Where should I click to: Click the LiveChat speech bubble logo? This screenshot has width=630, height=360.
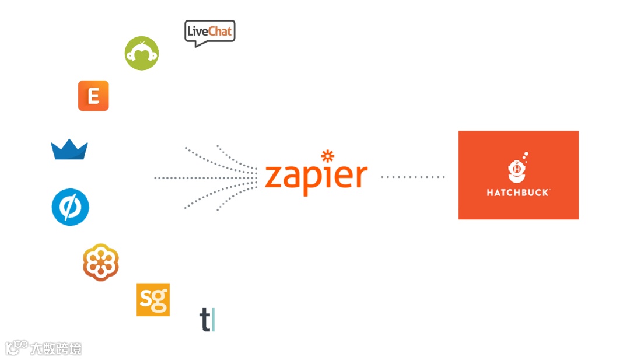click(209, 33)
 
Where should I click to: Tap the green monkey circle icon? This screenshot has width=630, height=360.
click(142, 53)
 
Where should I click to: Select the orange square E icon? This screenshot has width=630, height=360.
click(93, 96)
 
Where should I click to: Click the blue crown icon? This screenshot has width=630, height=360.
click(69, 150)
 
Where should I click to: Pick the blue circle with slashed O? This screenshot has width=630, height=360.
click(70, 207)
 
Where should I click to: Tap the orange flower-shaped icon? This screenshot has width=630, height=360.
click(101, 263)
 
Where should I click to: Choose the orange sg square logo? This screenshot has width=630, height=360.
click(153, 299)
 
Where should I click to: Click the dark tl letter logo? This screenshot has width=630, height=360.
click(207, 320)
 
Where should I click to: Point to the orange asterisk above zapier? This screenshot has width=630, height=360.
click(328, 156)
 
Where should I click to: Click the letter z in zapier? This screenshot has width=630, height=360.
click(274, 177)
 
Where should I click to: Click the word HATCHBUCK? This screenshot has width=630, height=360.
click(518, 192)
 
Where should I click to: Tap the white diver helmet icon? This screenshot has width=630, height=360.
click(517, 170)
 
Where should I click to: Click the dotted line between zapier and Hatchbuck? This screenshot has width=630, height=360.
click(413, 176)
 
